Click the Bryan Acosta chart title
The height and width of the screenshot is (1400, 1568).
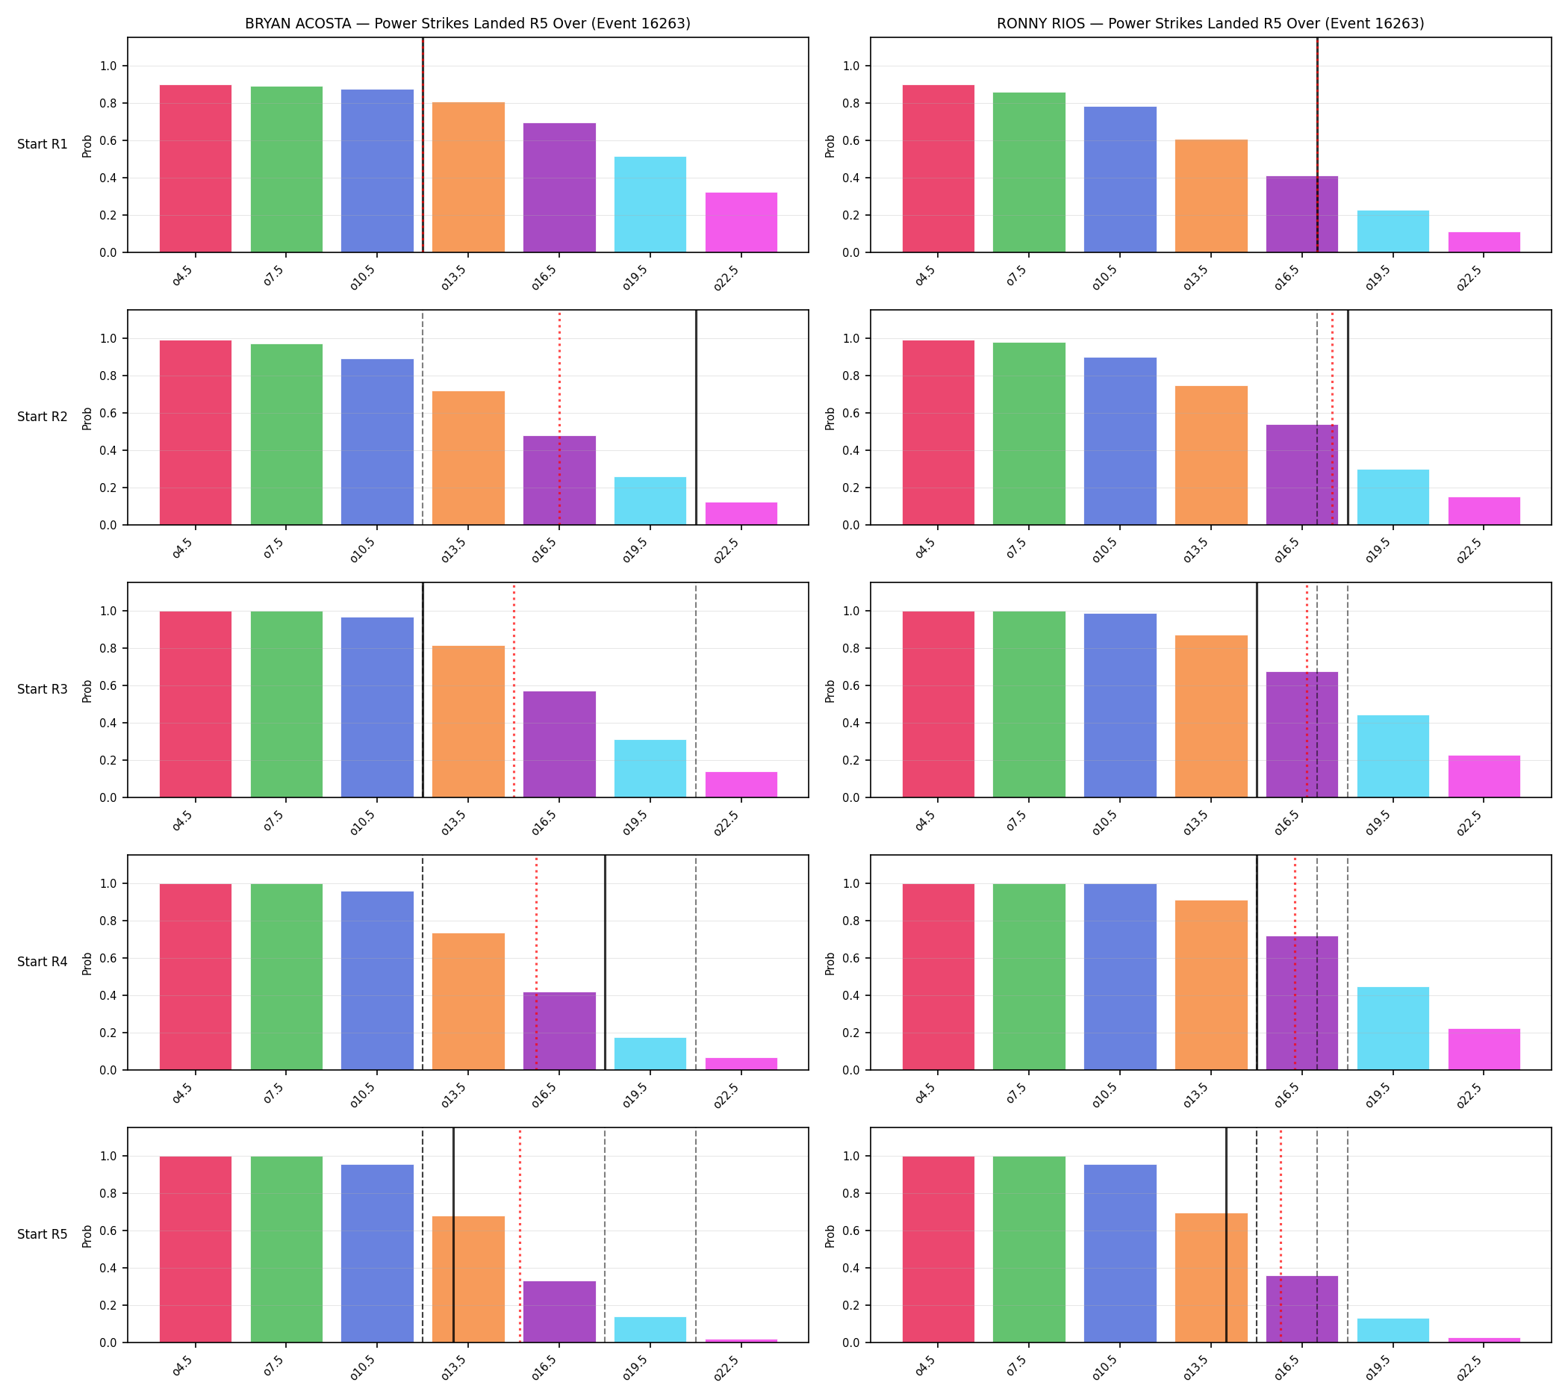pyautogui.click(x=467, y=23)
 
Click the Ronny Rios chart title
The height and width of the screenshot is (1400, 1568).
pyautogui.click(x=1210, y=23)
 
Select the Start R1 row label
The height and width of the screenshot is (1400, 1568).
pyautogui.click(x=43, y=144)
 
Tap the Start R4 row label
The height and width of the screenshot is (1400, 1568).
pyautogui.click(x=43, y=962)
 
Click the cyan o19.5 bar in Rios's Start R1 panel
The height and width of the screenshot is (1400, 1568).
pyautogui.click(x=1393, y=231)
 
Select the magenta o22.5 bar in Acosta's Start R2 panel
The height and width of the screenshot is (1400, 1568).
pyautogui.click(x=741, y=513)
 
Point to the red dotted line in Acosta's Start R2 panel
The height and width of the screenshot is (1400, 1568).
pyautogui.click(x=559, y=417)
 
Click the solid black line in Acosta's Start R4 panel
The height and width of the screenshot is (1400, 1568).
pyautogui.click(x=605, y=962)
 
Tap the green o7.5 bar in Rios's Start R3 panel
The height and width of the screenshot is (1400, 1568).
pyautogui.click(x=1029, y=704)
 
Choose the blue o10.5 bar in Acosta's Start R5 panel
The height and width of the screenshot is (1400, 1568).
pyautogui.click(x=377, y=1253)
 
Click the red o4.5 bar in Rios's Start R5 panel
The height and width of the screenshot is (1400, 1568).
pyautogui.click(x=938, y=1249)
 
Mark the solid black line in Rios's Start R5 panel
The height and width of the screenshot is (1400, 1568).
pyautogui.click(x=1225, y=1235)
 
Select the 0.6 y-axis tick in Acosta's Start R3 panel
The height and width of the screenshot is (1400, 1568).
pyautogui.click(x=108, y=686)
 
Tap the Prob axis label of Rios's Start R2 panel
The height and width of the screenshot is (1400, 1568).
pyautogui.click(x=830, y=418)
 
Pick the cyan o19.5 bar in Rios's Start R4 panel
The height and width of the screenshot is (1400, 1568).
pyautogui.click(x=1393, y=1028)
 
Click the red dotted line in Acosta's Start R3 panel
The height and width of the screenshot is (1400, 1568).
pyautogui.click(x=514, y=690)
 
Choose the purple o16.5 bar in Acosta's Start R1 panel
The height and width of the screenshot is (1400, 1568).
pyautogui.click(x=559, y=187)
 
